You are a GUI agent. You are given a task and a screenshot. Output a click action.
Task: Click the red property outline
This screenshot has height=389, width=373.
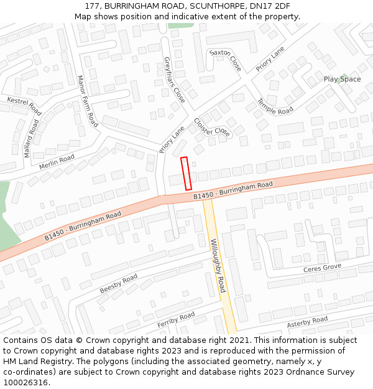point(186,173)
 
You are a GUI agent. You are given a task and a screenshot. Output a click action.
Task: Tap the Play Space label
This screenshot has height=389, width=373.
point(342,79)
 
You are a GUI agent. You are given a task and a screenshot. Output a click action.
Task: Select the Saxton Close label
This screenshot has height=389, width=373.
point(224,60)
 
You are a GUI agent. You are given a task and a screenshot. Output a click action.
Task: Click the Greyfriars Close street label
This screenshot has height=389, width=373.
point(174,80)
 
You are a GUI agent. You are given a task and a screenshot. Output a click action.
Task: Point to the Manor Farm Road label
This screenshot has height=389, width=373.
point(87,101)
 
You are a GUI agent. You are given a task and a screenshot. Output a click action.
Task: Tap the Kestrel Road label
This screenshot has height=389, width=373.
point(24,106)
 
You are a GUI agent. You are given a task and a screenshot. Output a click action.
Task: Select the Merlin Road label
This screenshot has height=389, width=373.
point(57,162)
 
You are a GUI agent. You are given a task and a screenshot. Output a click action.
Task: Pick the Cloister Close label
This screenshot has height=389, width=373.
point(212,127)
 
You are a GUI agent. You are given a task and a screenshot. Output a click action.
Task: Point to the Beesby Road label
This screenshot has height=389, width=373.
point(118,284)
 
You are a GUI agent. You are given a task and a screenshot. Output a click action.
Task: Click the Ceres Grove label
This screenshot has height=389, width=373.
point(322,268)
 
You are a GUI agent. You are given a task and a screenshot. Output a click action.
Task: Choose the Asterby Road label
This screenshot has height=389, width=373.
point(307,322)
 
